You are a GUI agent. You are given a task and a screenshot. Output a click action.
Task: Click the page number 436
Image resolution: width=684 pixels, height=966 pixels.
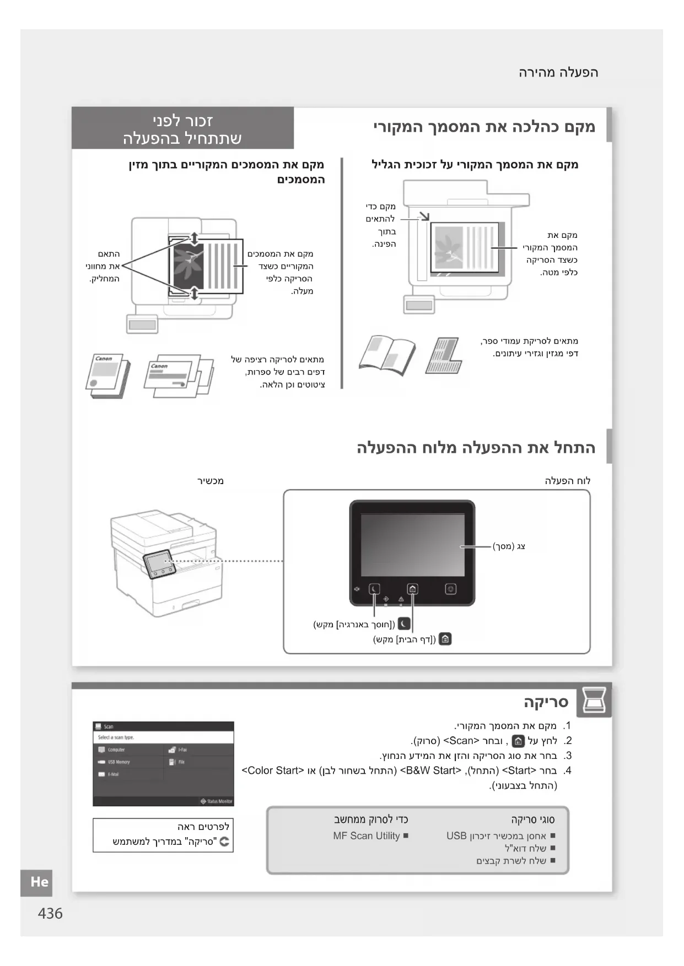(x=50, y=914)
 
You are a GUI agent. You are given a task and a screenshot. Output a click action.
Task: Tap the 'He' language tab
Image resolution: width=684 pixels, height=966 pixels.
(x=39, y=882)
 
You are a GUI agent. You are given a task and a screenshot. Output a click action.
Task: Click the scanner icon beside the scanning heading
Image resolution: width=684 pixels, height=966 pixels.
(x=594, y=701)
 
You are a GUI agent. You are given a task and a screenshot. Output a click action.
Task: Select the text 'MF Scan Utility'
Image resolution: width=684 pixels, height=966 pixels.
(x=367, y=835)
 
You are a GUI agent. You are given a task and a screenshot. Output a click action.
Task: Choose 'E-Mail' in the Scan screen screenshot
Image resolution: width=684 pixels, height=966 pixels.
(x=112, y=774)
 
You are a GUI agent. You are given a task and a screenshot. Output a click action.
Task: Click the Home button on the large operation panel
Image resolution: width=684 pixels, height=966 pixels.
(x=412, y=589)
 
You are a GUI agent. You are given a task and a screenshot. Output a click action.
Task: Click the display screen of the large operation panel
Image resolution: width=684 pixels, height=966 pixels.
(x=412, y=545)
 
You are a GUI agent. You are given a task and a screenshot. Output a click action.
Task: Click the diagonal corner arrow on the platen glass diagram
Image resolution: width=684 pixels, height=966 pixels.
(x=424, y=215)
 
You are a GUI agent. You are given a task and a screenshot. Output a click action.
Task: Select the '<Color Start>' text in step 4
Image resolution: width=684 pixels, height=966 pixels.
(x=273, y=770)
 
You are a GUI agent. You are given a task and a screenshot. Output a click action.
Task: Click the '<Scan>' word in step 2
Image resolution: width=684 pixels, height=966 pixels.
(x=461, y=741)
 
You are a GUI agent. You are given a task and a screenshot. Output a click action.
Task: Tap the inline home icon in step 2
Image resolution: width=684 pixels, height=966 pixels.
(x=518, y=741)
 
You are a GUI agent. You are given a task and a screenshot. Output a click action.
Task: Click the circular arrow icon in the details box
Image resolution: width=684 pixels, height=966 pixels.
(x=224, y=842)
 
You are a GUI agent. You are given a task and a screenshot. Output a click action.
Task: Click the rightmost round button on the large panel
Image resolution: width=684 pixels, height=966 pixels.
(x=451, y=589)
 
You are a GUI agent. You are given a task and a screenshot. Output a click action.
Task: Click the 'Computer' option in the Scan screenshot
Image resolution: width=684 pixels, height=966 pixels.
(x=116, y=750)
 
